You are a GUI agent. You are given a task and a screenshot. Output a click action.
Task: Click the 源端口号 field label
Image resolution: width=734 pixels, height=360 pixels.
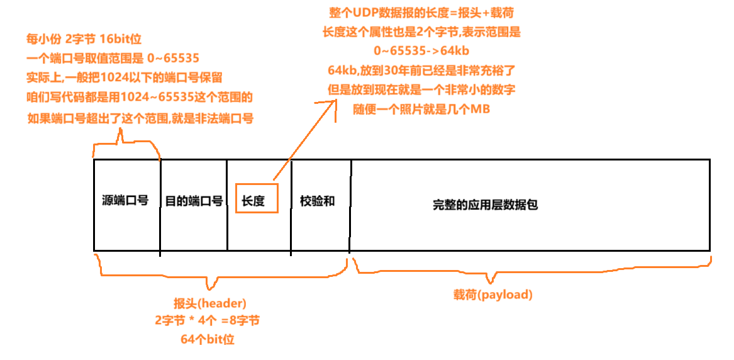[125, 201]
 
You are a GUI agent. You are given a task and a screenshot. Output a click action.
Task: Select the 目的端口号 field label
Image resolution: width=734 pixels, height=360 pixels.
[194, 201]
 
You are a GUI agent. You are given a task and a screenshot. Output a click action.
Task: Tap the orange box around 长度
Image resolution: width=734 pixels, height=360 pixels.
[256, 198]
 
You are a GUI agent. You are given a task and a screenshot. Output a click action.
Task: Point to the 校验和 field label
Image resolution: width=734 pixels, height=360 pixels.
[317, 201]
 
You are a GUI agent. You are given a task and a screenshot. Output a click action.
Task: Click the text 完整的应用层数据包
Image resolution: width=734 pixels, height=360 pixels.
[485, 205]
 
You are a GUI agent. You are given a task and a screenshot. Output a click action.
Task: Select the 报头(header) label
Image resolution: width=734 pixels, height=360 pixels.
[210, 302]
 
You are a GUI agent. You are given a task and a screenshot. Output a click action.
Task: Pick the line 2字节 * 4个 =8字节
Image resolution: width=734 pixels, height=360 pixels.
[207, 321]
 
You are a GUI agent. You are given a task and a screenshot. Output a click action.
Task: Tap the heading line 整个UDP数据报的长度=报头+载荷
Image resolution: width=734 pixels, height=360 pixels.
[425, 13]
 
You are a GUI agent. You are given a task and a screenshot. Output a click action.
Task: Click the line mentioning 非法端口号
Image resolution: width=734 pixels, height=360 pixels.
[140, 118]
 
